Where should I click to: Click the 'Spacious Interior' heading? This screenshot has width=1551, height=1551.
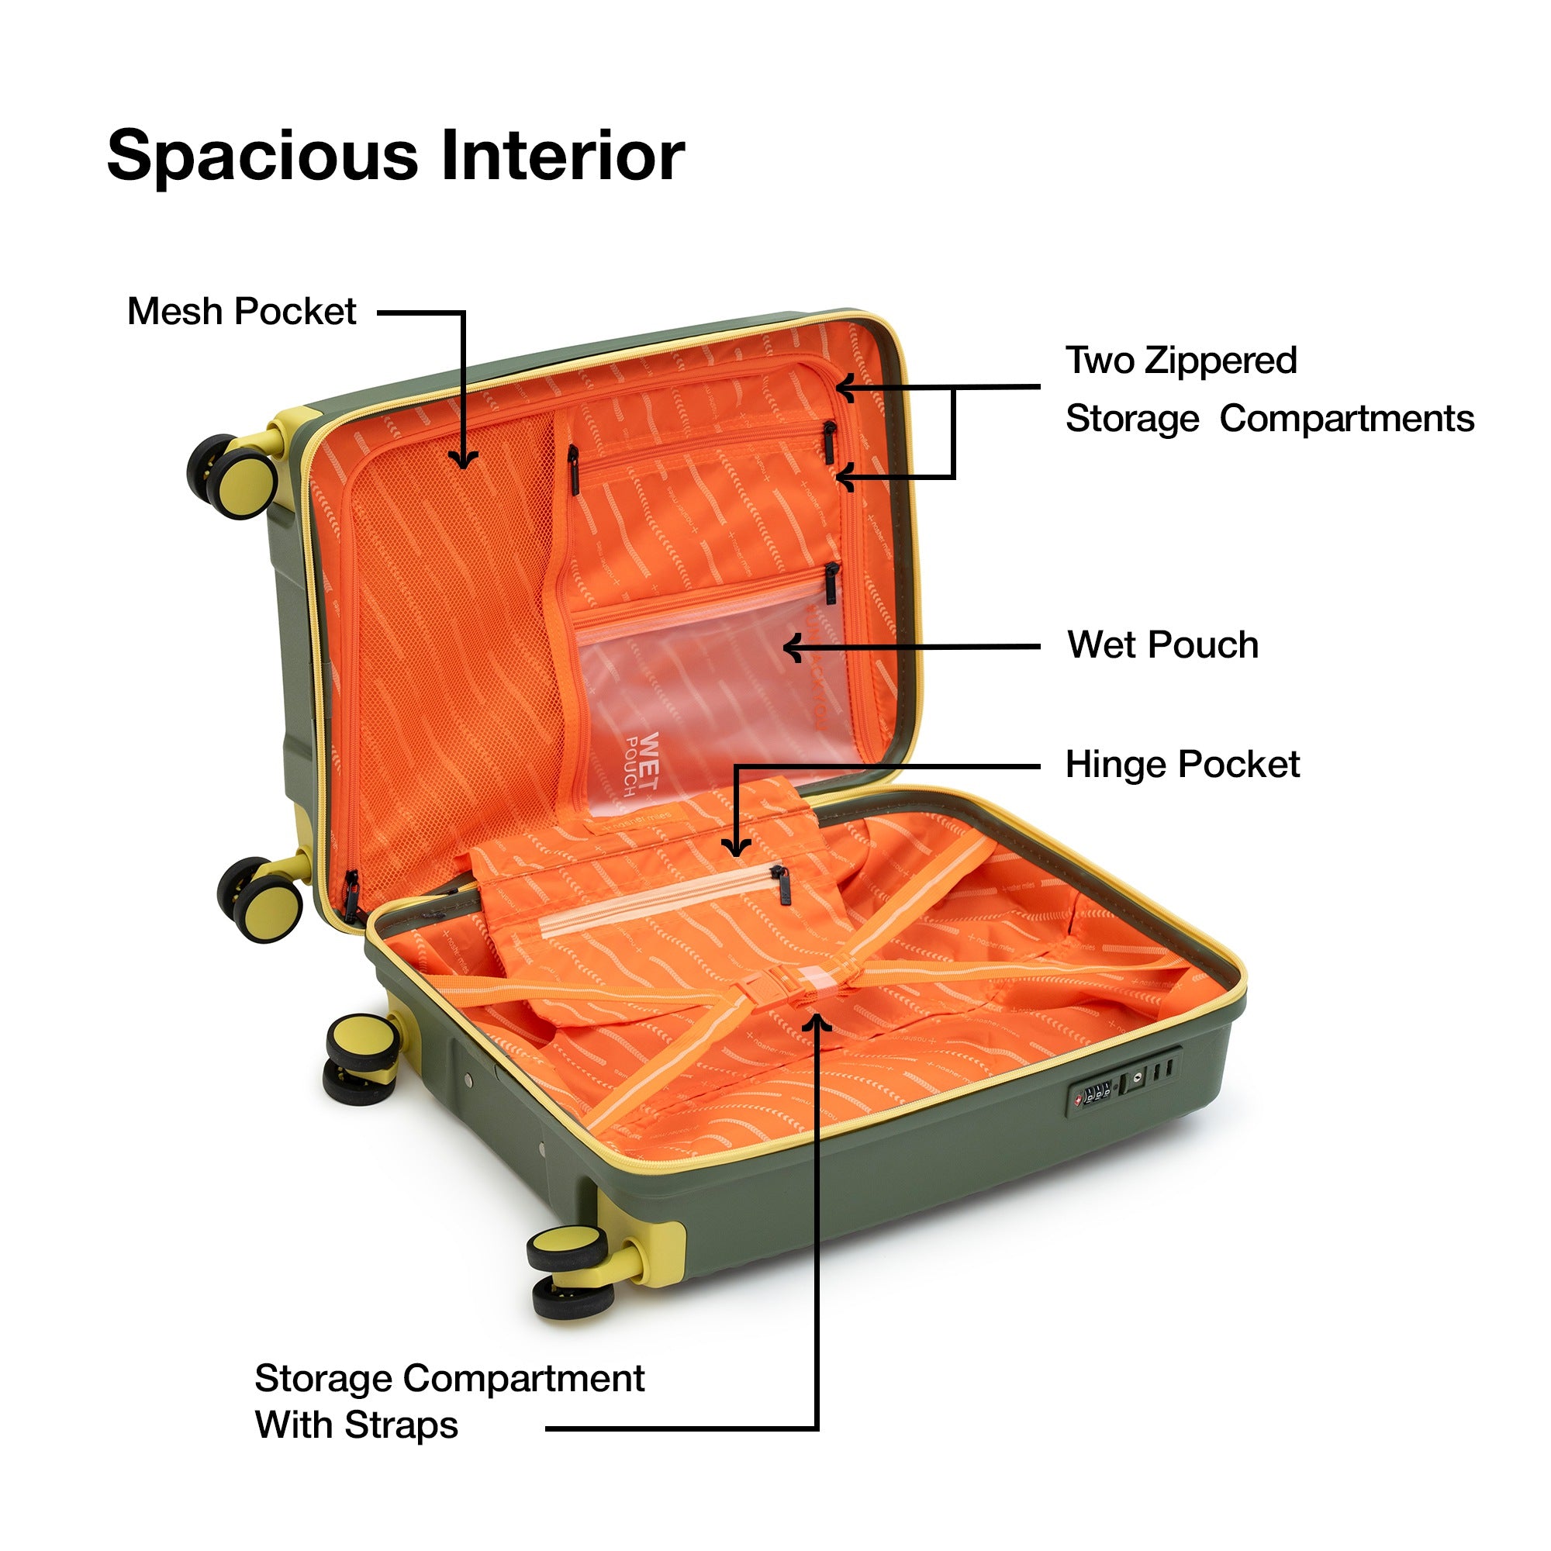click(395, 155)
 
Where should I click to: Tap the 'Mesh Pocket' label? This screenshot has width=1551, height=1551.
click(241, 312)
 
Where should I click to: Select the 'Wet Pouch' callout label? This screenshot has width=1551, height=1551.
click(1162, 644)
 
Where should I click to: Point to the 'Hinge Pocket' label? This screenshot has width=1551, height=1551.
click(1182, 765)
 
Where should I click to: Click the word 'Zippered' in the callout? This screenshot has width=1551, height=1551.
click(1220, 361)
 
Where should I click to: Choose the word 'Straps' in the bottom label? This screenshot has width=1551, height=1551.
click(401, 1425)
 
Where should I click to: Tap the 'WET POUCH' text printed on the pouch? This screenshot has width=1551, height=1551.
click(642, 762)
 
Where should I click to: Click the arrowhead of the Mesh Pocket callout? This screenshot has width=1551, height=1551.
click(463, 461)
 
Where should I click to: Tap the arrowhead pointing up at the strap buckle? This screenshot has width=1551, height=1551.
click(817, 1022)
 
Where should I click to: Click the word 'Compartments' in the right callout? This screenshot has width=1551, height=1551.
click(1346, 419)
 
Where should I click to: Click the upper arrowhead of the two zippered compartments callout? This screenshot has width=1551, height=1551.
click(843, 388)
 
